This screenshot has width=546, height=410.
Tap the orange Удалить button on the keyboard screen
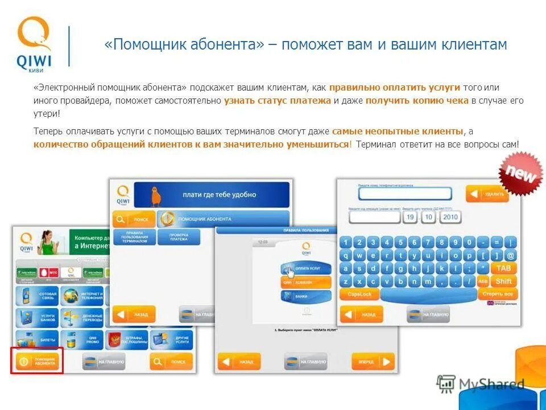point(487,194)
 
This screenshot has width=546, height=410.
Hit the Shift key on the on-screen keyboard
point(503,281)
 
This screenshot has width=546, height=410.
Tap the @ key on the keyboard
point(510,256)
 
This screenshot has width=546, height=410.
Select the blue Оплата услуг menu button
point(305,269)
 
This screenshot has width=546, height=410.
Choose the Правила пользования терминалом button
point(134,237)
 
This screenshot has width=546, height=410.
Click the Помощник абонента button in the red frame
point(38,360)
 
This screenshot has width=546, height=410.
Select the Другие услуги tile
point(172,340)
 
